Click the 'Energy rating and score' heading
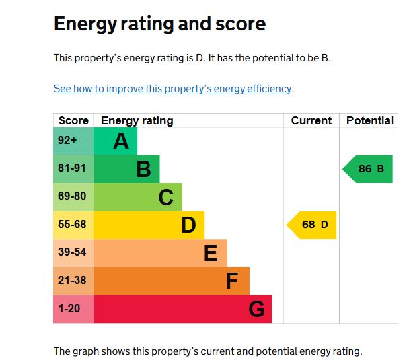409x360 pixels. pos(159,24)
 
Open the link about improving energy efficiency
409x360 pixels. pos(173,89)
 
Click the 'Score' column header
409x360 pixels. pos(73,121)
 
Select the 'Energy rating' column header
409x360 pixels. pos(137,121)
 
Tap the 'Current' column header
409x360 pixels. pos(311,121)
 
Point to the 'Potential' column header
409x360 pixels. pos(369,121)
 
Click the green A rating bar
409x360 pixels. pos(115,141)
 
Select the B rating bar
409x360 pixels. pos(126,169)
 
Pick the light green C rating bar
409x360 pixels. pos(137,197)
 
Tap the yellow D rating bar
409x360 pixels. pos(149,225)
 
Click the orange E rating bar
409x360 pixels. pos(160,253)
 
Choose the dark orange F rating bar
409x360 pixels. pos(171,281)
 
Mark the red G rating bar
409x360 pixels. pos(182,309)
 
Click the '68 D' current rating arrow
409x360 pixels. pos(313,225)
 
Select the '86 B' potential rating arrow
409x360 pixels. pos(369,169)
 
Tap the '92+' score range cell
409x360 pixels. pos(73,141)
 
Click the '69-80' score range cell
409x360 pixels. pos(73,197)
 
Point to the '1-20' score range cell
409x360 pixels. pos(73,309)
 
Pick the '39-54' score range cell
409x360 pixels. pos(73,253)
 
